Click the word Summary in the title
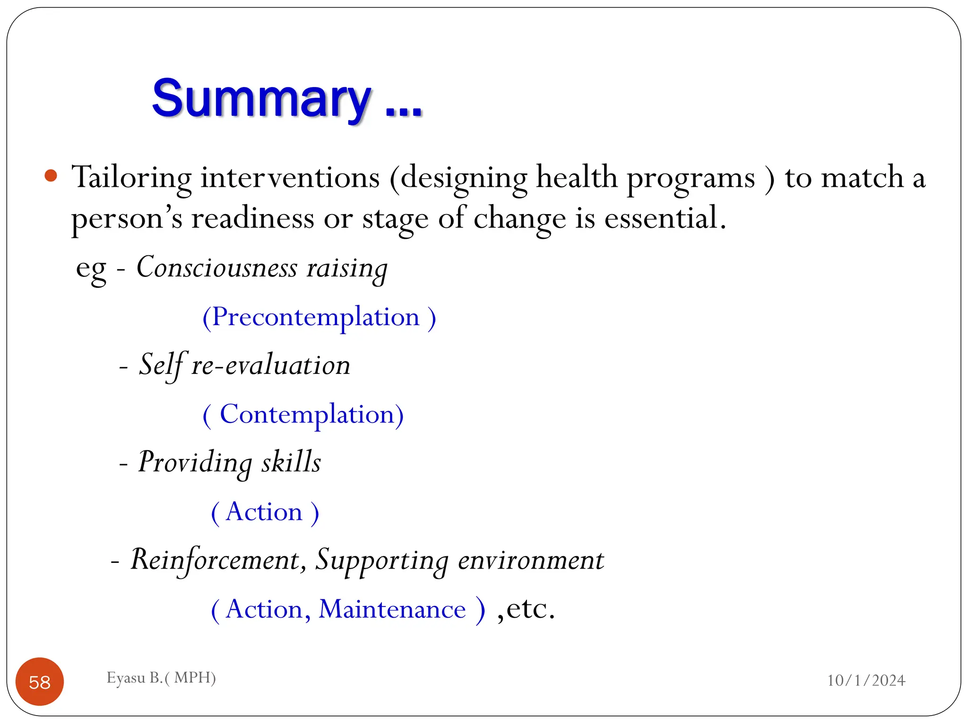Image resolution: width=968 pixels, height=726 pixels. point(261,99)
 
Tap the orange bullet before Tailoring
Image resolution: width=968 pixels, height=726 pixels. point(51,176)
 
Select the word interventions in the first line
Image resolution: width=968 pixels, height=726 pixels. point(290,178)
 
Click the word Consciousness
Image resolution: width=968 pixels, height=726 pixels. point(217,268)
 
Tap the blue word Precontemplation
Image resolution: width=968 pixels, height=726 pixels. point(316,317)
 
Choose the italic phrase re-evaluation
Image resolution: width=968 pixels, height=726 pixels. point(270,366)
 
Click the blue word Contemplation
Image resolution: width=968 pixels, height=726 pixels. point(307,415)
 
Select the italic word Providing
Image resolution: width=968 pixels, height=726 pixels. point(195,463)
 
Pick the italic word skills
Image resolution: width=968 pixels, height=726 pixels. point(291,462)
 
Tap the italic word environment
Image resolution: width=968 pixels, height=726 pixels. point(531,561)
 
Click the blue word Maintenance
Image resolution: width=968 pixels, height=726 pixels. point(392,609)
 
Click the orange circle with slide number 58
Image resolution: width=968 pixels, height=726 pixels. point(40,682)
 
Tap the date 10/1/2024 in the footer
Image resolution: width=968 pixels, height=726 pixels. point(866,680)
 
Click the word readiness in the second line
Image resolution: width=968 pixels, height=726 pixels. point(252,219)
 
